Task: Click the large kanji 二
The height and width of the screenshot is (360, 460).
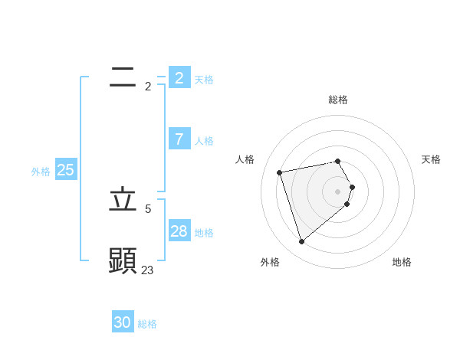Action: click(x=123, y=77)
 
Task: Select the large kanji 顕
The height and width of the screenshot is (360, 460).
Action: click(x=123, y=260)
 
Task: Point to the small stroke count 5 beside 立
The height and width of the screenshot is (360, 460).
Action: click(x=148, y=208)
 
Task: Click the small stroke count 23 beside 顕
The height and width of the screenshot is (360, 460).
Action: click(x=147, y=270)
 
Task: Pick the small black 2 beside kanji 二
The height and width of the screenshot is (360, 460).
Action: click(x=148, y=86)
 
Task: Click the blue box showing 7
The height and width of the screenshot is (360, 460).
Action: click(x=179, y=139)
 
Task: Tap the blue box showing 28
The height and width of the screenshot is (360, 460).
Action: click(x=179, y=231)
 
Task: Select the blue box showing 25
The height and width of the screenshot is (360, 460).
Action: click(x=66, y=170)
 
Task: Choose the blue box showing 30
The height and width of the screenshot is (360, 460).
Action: click(x=123, y=322)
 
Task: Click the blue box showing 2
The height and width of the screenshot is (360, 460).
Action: click(x=179, y=78)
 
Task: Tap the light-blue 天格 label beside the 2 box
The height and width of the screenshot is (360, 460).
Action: click(x=204, y=80)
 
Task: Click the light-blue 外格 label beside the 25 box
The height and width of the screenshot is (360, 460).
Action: click(x=41, y=172)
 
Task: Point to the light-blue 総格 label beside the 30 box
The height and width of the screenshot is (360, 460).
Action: click(x=147, y=324)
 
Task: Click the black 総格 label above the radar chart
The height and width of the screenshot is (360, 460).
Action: click(x=338, y=100)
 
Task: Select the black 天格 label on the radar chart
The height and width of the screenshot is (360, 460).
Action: click(x=432, y=159)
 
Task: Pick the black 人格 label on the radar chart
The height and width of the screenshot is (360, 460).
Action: click(x=245, y=159)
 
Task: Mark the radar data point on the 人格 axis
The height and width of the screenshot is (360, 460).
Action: click(x=280, y=172)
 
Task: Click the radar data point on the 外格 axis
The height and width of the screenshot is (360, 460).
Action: click(x=302, y=242)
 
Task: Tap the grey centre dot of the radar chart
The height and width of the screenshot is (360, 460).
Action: click(x=338, y=191)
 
